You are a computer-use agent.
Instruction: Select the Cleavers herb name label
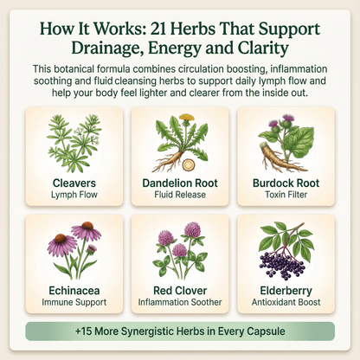click(74, 183)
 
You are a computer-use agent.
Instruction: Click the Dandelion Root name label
click(179, 183)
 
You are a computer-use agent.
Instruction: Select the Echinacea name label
click(74, 291)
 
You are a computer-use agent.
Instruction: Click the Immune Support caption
click(74, 303)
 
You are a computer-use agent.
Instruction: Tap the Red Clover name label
click(179, 291)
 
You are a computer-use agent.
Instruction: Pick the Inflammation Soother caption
click(179, 303)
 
